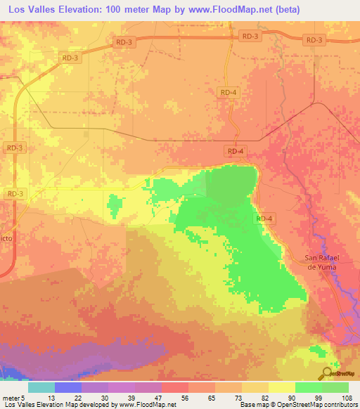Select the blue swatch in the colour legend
point(68,387)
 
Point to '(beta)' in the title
point(296,10)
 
